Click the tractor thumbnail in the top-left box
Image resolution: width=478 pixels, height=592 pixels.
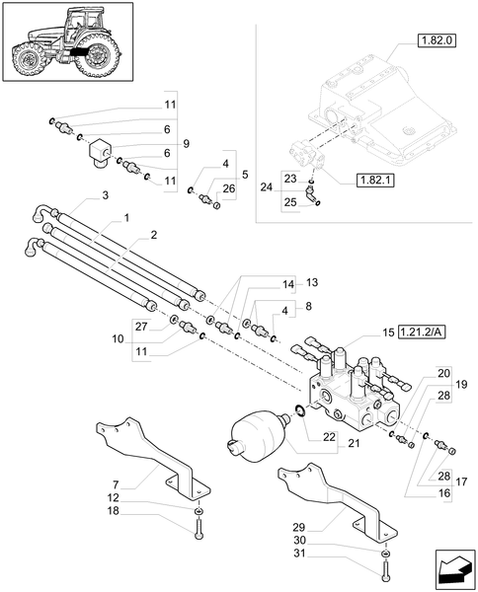pyautogui.click(x=66, y=47)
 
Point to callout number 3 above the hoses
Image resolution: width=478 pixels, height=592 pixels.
pyautogui.click(x=106, y=197)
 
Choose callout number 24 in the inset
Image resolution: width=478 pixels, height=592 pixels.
pyautogui.click(x=267, y=186)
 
